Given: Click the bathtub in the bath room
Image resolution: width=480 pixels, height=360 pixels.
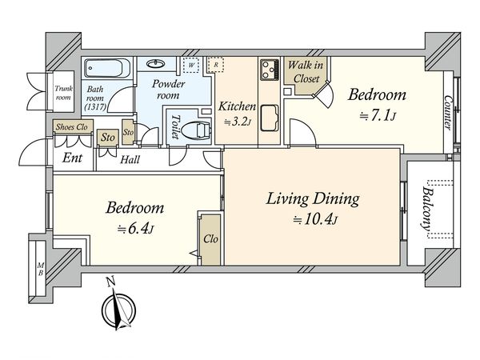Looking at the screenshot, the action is [107, 68].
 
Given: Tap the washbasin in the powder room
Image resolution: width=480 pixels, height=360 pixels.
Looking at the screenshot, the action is [156, 64].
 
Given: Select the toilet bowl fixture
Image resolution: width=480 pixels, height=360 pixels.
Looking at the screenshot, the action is [196, 130].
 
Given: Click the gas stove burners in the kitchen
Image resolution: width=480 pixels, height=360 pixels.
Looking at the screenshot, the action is [270, 70].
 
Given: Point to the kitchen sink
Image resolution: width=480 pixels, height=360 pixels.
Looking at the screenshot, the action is [270, 118].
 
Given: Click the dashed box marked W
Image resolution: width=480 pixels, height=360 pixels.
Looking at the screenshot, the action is [191, 65].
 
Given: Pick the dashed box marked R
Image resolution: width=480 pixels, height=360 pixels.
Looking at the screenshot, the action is [216, 65].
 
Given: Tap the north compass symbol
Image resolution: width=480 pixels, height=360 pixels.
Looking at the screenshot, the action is [118, 306].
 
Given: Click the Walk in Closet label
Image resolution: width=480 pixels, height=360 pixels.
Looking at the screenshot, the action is [306, 72].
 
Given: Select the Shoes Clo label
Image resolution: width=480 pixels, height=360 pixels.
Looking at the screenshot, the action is [71, 126].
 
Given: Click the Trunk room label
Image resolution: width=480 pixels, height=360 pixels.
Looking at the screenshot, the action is [63, 93].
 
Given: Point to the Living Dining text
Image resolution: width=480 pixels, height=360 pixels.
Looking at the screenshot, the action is [313, 199].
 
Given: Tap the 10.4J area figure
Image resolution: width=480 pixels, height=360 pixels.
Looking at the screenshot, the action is [316, 219].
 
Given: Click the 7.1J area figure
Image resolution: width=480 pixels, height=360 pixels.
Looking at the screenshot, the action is [377, 116].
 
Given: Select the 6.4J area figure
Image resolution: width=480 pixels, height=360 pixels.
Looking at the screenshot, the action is [135, 228].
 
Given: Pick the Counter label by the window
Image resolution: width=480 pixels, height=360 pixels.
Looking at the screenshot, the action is [448, 113].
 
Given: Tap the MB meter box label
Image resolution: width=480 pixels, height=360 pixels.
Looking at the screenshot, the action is [41, 269].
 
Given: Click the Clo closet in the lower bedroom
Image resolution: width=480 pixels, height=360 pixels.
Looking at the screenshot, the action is [210, 239].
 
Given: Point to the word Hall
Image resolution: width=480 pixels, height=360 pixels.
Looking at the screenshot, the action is [130, 159].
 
